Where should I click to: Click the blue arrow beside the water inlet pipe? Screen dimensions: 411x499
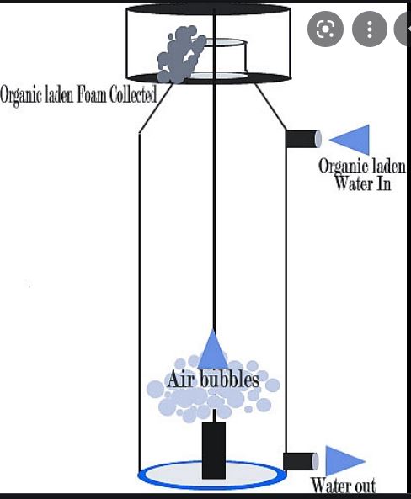(x=354, y=140)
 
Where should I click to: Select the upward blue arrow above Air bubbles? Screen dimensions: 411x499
(x=213, y=348)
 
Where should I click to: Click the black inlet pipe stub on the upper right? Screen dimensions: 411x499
(x=303, y=139)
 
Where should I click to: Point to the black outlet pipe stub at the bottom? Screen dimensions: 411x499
(x=301, y=461)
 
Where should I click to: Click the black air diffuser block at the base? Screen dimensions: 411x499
(x=214, y=450)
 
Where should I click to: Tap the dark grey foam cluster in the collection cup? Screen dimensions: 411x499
(x=180, y=55)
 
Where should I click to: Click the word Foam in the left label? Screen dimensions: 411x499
(x=93, y=94)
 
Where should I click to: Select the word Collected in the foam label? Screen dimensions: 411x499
(x=133, y=94)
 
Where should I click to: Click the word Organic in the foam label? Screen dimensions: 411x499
(x=21, y=96)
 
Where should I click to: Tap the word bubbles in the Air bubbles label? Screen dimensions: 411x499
(x=232, y=379)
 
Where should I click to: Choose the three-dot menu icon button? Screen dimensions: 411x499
(x=370, y=29)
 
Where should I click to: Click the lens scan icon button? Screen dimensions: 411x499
(x=325, y=29)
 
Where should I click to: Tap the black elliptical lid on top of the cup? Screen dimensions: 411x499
(x=208, y=8)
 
